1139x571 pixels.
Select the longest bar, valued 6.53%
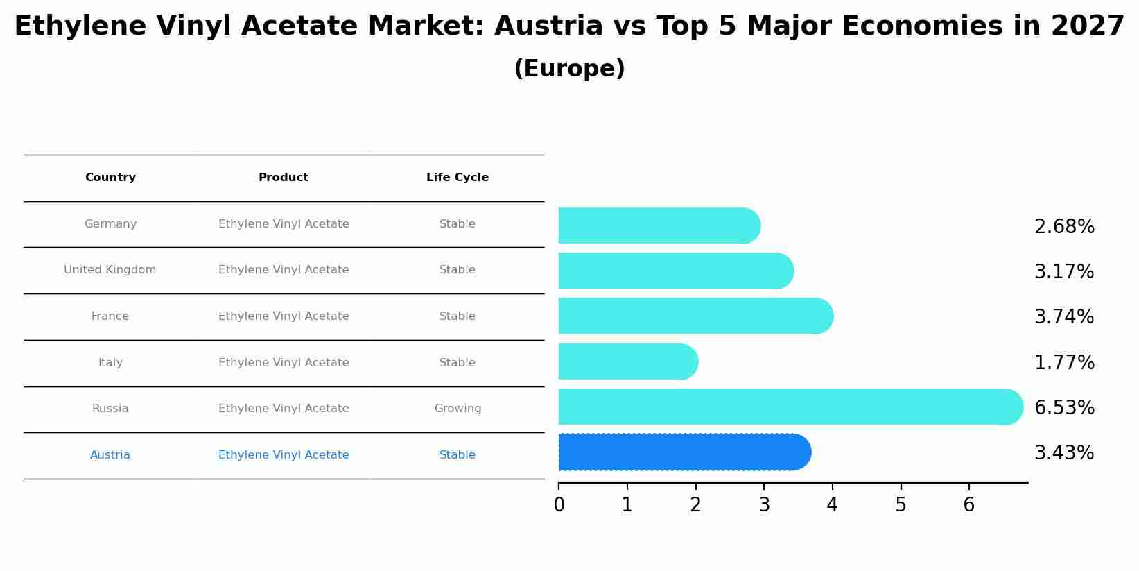790,407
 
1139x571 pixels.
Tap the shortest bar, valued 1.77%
627,361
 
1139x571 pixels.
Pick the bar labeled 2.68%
659,225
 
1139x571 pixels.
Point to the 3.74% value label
1063,317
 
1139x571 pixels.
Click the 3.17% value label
1063,272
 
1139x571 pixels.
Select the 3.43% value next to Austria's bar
1063,453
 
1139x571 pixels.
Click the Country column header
110,178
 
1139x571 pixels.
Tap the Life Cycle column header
458,178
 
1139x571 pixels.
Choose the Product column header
284,178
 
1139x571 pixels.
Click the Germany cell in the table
110,224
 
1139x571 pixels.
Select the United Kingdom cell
110,270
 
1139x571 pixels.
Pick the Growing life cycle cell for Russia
458,409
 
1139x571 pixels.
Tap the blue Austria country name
110,455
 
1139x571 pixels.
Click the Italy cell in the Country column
110,363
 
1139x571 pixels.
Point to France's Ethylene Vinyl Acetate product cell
284,316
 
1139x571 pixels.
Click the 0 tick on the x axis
559,505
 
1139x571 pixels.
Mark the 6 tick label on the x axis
969,505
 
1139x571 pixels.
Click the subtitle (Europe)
569,69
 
